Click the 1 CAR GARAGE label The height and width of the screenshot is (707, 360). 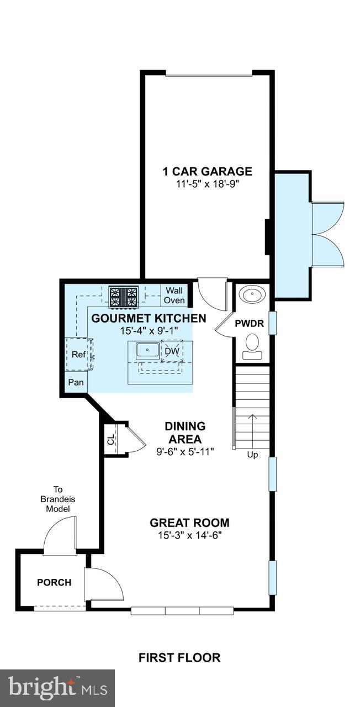click(x=207, y=171)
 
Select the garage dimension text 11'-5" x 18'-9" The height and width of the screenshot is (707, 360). click(x=207, y=184)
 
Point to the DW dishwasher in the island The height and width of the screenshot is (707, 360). click(x=172, y=351)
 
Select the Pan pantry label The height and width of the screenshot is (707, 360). click(x=76, y=382)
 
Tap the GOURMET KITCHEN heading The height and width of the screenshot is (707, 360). click(x=149, y=318)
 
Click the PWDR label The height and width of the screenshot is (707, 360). click(x=250, y=324)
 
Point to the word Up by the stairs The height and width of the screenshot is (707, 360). click(x=253, y=455)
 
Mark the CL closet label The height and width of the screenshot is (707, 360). click(x=110, y=440)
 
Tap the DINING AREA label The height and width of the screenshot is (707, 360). click(x=185, y=433)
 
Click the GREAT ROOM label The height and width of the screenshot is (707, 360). click(x=189, y=523)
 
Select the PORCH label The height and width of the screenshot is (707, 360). click(x=54, y=582)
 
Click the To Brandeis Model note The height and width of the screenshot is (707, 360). click(x=57, y=499)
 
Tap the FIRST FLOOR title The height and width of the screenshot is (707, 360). click(x=179, y=657)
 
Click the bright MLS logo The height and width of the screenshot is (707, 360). click(x=57, y=688)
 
